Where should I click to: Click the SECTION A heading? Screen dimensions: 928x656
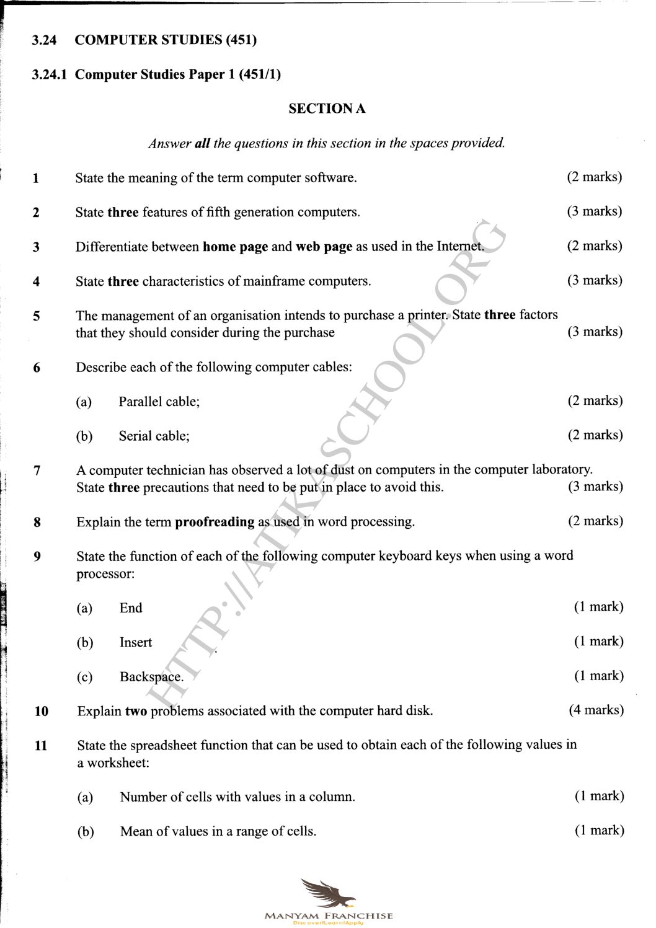(x=327, y=109)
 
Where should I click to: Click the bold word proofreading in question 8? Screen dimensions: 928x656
(x=215, y=522)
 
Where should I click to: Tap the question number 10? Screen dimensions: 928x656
(x=42, y=711)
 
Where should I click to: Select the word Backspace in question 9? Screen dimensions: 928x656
(x=151, y=677)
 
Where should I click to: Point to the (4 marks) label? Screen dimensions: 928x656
(x=596, y=710)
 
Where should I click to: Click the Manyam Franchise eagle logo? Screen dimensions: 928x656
(x=328, y=894)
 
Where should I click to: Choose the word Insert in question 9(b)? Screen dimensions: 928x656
(x=136, y=643)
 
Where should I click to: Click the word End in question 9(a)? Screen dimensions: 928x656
(x=131, y=608)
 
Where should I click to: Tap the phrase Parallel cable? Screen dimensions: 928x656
(x=159, y=402)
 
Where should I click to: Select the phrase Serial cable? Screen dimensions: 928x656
(x=154, y=436)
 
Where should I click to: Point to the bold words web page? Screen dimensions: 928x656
(x=324, y=247)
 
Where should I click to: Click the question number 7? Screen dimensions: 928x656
(x=37, y=471)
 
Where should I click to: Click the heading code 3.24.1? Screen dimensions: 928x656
(x=53, y=75)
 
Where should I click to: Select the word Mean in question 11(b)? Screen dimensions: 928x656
(x=135, y=832)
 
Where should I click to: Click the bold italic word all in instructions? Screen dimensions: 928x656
(x=202, y=144)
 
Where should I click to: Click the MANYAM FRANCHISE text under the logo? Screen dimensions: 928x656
(x=328, y=916)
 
